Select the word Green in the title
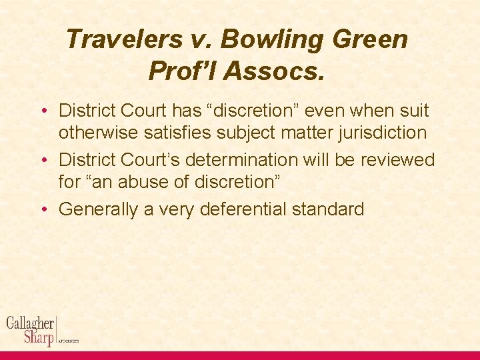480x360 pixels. pyautogui.click(x=373, y=40)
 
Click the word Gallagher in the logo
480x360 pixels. pyautogui.click(x=31, y=323)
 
